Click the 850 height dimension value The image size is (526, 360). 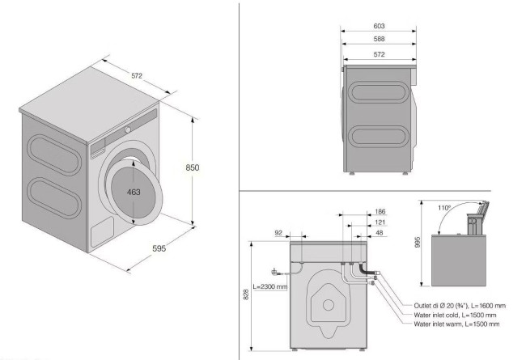pos(193,167)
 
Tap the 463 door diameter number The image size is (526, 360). pos(134,193)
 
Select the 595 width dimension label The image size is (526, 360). pos(159,248)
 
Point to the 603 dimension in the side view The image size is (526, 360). pos(379,26)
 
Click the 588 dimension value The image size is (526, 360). pos(379,39)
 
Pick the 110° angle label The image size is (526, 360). pos(444,208)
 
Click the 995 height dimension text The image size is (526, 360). pos(418,242)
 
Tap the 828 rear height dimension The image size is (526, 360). pos(246,294)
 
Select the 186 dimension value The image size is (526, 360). pos(380,212)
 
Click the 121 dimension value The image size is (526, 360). pos(380,222)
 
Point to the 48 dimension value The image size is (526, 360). pos(380,233)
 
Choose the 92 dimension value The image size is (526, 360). pos(278,233)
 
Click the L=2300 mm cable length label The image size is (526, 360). pos(270,287)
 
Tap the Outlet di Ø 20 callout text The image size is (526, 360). pos(460,306)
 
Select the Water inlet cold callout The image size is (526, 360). pos(455,315)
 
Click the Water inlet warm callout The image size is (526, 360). pos(456,324)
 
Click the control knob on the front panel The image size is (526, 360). pos(128,129)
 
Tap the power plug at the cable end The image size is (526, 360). pos(274,273)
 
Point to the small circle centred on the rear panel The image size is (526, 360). pos(328,305)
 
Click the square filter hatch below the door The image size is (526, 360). pos(102,232)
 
